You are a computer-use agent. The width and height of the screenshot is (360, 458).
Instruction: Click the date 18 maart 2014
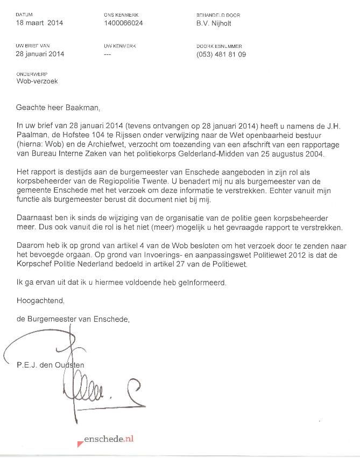(x=39, y=23)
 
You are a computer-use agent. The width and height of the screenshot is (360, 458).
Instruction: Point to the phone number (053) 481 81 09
(x=221, y=54)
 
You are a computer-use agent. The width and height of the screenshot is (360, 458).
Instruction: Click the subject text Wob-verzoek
(x=37, y=81)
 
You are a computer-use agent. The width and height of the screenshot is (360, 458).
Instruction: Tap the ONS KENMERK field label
(x=119, y=15)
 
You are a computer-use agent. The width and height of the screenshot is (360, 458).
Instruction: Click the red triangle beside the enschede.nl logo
(x=80, y=442)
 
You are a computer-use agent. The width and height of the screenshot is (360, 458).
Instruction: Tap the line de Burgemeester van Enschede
(x=73, y=319)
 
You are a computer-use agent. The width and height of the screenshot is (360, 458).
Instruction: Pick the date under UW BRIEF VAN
(x=40, y=54)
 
